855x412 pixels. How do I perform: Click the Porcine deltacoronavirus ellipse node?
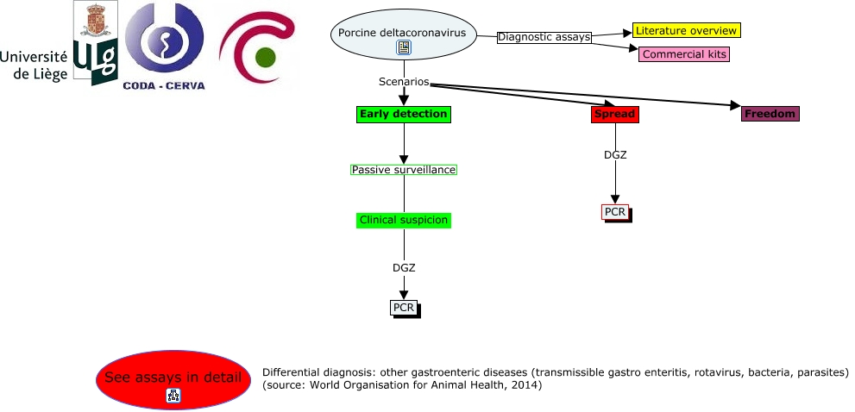pos(403,34)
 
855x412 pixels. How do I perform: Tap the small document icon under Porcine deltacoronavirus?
pos(403,48)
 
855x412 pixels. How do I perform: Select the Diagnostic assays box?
pos(544,37)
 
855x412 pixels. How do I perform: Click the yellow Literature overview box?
pos(686,30)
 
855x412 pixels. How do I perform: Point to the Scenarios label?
pos(403,82)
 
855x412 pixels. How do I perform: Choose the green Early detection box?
pos(403,114)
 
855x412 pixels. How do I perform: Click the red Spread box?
pos(614,114)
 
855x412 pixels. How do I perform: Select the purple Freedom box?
pos(770,113)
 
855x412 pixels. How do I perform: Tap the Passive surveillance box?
pos(403,170)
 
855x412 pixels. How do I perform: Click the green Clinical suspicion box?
pos(403,220)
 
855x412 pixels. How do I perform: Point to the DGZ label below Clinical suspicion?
pos(404,267)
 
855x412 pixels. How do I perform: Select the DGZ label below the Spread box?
pos(615,155)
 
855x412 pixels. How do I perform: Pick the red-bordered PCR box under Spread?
pos(614,211)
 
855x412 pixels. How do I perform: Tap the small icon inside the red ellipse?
pos(173,396)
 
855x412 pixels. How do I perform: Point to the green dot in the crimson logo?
pos(266,59)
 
